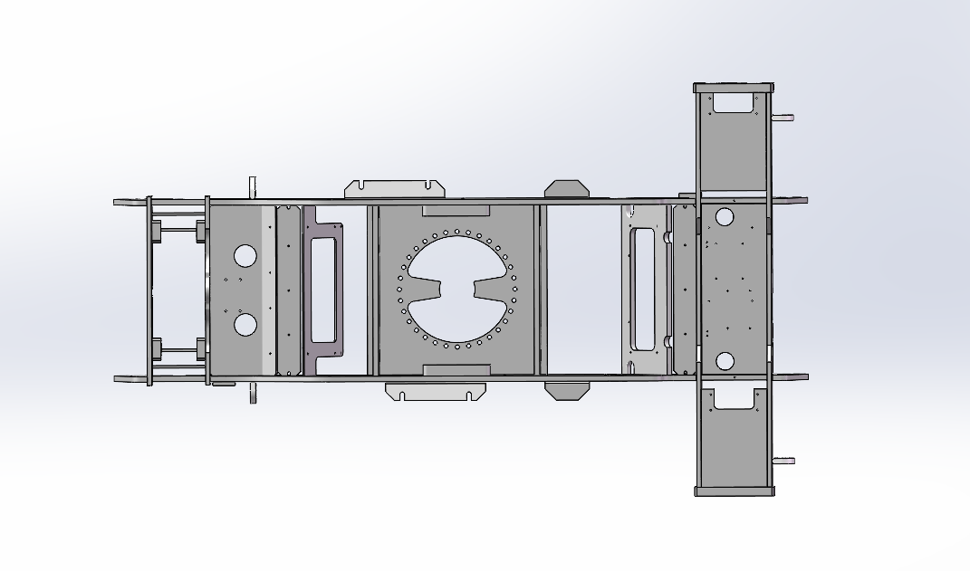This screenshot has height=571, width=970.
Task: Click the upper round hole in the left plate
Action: (245, 255)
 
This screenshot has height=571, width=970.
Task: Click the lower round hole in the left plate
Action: (245, 324)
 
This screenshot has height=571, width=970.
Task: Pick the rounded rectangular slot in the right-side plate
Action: (643, 290)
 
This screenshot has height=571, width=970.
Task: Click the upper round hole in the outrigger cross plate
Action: (724, 217)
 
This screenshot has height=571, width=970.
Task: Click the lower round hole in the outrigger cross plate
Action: (725, 361)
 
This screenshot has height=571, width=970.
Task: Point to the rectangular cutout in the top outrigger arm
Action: (735, 102)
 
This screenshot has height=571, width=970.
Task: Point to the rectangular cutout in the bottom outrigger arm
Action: (735, 399)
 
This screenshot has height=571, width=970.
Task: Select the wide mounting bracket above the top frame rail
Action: (394, 189)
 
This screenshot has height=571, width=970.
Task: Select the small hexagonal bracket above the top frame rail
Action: (566, 188)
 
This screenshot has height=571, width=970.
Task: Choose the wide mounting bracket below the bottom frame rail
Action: (436, 391)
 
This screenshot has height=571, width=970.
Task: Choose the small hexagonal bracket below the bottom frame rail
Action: (567, 390)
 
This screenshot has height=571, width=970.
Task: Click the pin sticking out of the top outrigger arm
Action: (783, 118)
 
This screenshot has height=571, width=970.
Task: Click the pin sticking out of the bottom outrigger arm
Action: (783, 461)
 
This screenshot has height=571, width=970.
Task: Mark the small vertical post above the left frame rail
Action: (254, 186)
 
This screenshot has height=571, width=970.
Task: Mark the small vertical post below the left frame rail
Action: (254, 394)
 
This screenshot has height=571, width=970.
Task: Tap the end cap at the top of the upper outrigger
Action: (734, 88)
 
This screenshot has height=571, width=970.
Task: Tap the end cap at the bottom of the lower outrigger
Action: (734, 491)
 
